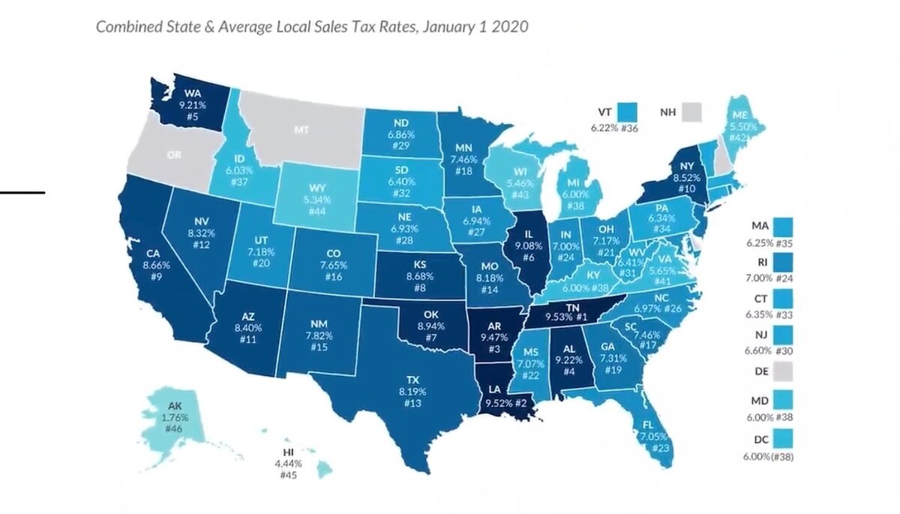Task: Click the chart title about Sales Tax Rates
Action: coord(312,27)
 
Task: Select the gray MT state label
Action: coord(301,130)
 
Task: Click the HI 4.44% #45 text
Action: coord(288,463)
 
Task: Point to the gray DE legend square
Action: coord(782,371)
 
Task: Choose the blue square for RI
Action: coord(782,264)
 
